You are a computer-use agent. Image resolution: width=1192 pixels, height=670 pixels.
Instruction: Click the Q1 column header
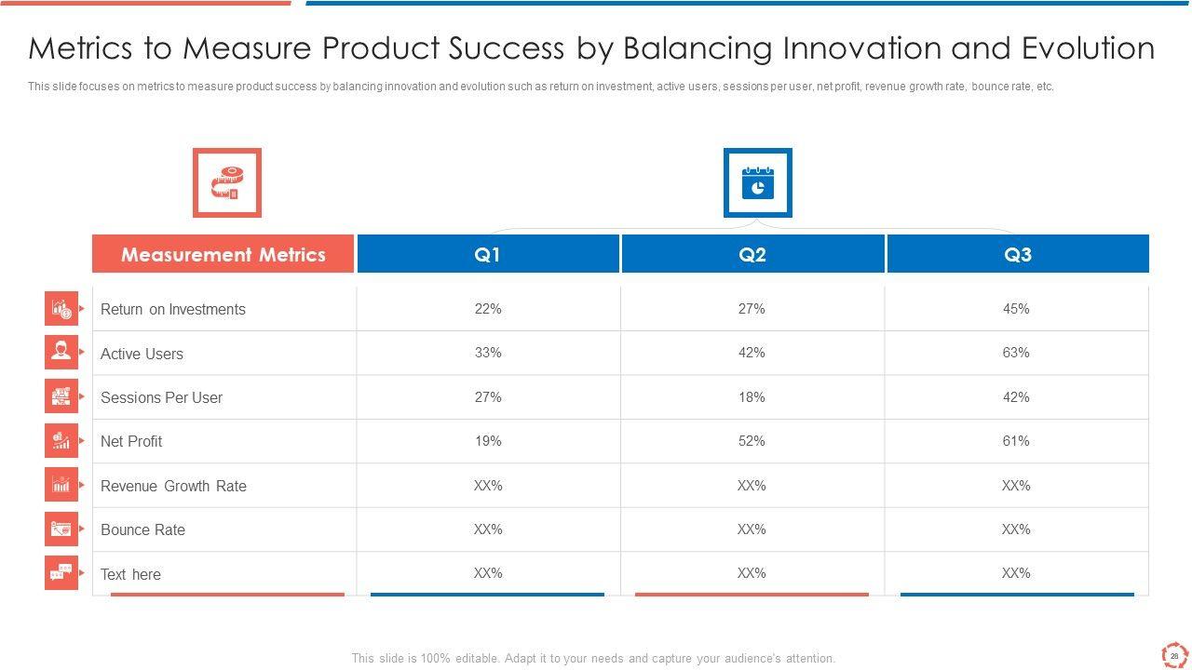coord(488,254)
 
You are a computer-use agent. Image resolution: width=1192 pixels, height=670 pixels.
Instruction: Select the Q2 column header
coord(752,254)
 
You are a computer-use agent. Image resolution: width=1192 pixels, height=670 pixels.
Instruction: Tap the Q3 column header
coord(1018,254)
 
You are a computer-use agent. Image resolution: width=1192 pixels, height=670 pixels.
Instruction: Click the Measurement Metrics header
coord(223,254)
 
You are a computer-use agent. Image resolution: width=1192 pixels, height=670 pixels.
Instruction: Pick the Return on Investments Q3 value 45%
coord(1016,309)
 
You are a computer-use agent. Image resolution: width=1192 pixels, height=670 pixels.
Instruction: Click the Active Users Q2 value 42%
coord(752,353)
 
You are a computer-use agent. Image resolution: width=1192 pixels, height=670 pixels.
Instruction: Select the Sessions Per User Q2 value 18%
coord(752,397)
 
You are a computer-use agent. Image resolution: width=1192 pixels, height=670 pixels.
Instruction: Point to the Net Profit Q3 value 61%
coord(1016,441)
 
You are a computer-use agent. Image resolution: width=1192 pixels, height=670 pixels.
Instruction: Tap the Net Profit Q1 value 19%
coord(488,441)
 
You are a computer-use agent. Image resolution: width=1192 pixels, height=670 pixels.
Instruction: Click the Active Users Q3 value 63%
coord(1016,353)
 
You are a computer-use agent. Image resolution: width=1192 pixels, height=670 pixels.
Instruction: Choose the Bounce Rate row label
coord(142,529)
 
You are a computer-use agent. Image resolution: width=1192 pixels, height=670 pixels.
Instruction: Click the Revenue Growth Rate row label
coord(173,486)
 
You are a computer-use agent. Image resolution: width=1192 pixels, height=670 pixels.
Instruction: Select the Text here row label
coord(130,574)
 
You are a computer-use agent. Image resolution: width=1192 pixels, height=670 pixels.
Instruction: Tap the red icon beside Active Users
coord(61,352)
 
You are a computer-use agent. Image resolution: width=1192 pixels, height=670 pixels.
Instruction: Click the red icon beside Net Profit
coord(61,440)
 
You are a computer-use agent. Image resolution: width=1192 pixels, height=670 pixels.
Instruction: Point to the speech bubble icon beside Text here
coord(61,572)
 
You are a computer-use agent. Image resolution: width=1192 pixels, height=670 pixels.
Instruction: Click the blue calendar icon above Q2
coord(758,183)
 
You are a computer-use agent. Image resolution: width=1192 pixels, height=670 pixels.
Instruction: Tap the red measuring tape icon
coord(226,182)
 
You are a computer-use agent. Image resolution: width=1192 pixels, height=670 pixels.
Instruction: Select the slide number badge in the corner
coord(1174,655)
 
